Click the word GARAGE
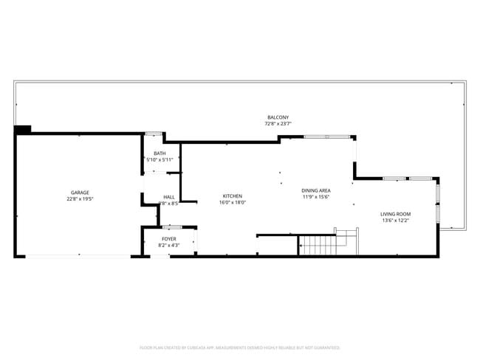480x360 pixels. pyautogui.click(x=80, y=193)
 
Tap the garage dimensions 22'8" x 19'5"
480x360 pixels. pyautogui.click(x=80, y=199)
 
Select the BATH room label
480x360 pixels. pyautogui.click(x=160, y=153)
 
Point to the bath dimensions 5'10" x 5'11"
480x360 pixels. pyautogui.click(x=160, y=159)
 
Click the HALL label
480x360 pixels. pyautogui.click(x=168, y=197)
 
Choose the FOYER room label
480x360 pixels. pyautogui.click(x=169, y=238)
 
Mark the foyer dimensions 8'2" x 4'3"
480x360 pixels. pyautogui.click(x=169, y=244)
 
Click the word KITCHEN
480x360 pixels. pyautogui.click(x=232, y=195)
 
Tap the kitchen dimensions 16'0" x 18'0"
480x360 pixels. pyautogui.click(x=232, y=202)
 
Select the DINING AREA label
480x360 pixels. pyautogui.click(x=316, y=190)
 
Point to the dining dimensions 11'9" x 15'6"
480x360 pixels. pyautogui.click(x=316, y=197)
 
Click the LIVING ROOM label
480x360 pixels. pyautogui.click(x=396, y=214)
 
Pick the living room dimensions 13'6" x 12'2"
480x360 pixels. pyautogui.click(x=396, y=221)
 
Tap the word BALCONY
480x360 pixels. pyautogui.click(x=278, y=118)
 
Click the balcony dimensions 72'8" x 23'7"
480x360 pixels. pyautogui.click(x=278, y=124)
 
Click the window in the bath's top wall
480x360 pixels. pyautogui.click(x=154, y=134)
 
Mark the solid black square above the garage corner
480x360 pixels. pyautogui.click(x=23, y=129)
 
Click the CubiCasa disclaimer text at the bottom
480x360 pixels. pyautogui.click(x=240, y=347)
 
